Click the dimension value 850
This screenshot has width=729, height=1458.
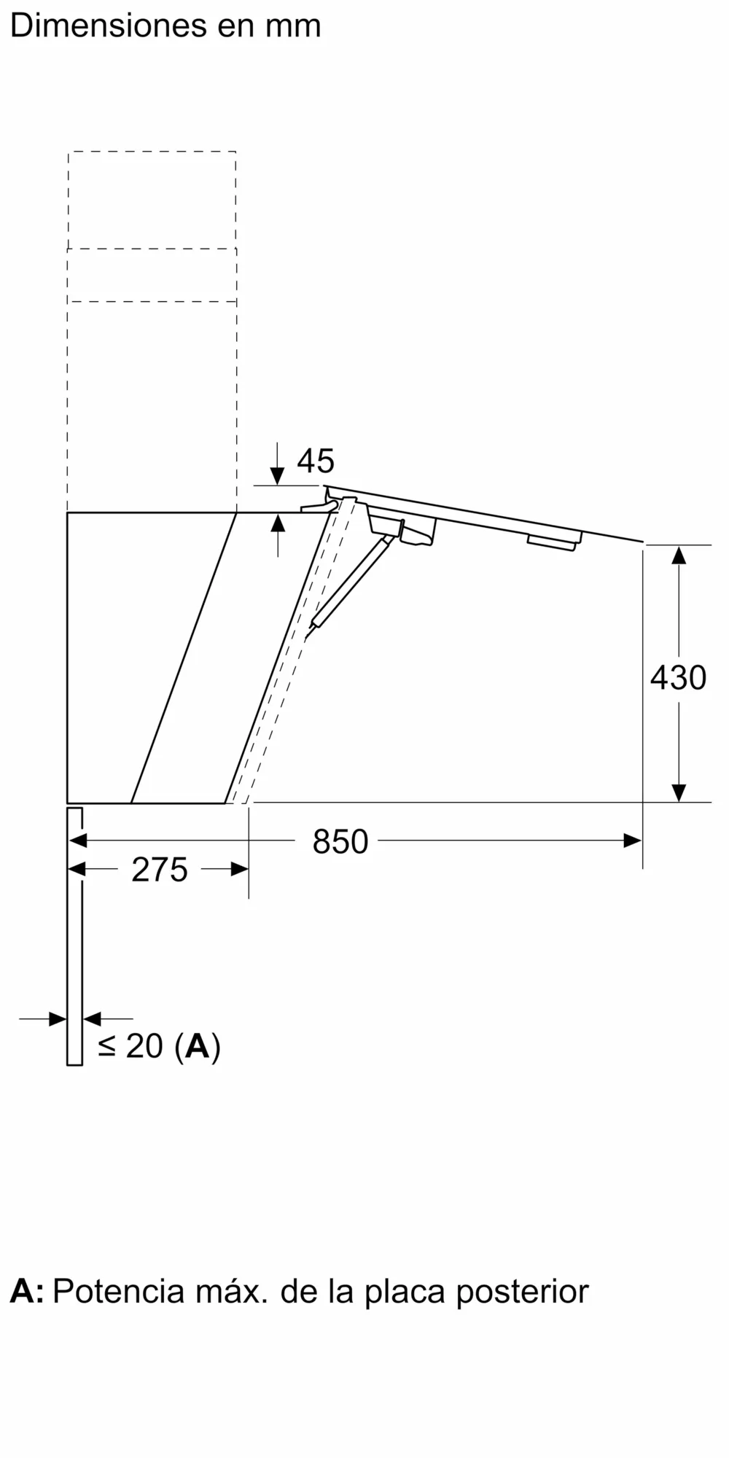pos(340,842)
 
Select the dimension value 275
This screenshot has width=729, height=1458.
pos(159,870)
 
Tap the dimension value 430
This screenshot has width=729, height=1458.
pos(678,678)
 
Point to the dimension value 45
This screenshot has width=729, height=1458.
pos(316,461)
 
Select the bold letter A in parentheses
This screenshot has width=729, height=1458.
pos(198,1046)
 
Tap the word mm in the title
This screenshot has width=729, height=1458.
pos(292,26)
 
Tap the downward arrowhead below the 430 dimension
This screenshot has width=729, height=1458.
pos(679,792)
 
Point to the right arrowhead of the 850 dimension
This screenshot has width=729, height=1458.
pos(633,841)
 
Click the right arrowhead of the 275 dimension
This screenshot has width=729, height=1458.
pos(240,869)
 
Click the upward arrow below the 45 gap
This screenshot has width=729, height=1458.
pos(278,523)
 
